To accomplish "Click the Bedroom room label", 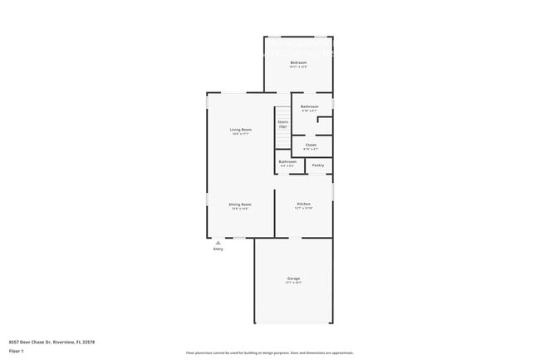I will (298, 63).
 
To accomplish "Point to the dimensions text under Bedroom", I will (298, 68).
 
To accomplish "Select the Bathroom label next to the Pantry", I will (287, 161).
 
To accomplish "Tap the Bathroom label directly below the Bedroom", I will (310, 106).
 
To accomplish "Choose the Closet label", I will (311, 145).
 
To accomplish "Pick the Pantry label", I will (318, 165).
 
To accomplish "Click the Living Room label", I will (241, 129).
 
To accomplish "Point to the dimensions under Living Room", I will (241, 134).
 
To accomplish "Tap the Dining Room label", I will (241, 204).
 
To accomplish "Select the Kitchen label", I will (304, 204).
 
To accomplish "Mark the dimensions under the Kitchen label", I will (304, 209).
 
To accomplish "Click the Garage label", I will (293, 278).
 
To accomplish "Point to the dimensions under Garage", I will (293, 283).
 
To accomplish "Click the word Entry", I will (218, 249).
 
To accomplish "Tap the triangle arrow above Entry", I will (218, 242).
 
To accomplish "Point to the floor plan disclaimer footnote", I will (270, 353).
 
